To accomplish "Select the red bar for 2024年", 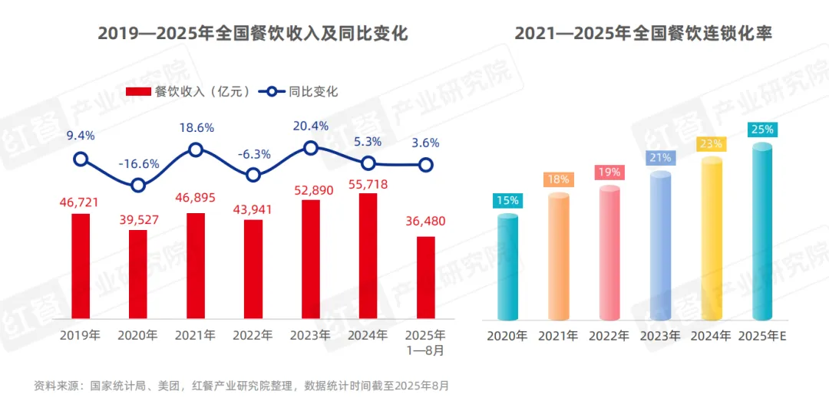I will pos(368,256).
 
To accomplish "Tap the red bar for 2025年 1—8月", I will pos(426,278).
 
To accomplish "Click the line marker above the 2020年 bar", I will pos(138,185).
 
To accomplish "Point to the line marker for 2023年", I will pos(311,148).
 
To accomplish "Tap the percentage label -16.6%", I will pos(138,163).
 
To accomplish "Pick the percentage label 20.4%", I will pos(311,126).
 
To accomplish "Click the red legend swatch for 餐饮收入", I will pos(138,92).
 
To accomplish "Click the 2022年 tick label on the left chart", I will pos(253,336).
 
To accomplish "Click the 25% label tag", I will pos(762,130).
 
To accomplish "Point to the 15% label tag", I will pos(507,200).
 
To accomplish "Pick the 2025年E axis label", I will pos(762,336).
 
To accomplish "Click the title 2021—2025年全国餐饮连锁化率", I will pos(642,34).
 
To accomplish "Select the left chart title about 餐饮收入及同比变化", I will pos(253,34).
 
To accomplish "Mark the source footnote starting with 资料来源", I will pos(241,386).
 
